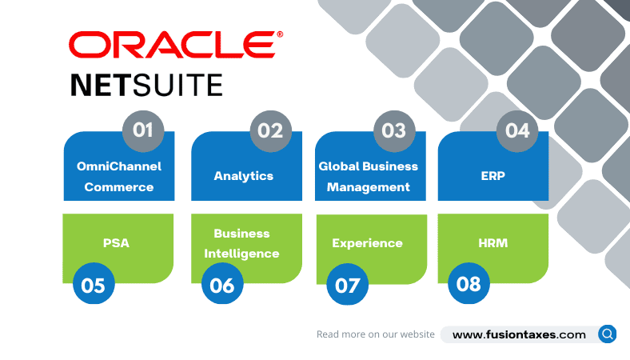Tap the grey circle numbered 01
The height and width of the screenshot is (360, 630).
(143, 130)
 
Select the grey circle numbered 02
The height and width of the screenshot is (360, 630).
(270, 130)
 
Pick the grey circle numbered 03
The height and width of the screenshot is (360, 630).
(394, 130)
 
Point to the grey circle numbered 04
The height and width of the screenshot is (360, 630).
(517, 130)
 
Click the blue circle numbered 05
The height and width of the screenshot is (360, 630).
(94, 285)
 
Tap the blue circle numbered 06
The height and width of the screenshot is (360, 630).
(222, 285)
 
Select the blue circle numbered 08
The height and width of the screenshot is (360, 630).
(469, 284)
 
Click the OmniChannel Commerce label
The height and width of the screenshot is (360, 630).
(119, 177)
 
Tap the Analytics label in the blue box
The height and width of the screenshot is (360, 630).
(244, 176)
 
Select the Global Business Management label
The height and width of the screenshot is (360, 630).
(369, 177)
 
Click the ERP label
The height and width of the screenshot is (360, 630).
(493, 176)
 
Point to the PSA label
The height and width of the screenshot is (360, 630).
(116, 243)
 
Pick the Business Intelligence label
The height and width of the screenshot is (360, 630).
(241, 243)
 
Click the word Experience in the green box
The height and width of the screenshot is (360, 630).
(368, 243)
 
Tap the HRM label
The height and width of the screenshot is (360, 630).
(492, 243)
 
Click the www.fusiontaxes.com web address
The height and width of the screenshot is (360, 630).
(519, 334)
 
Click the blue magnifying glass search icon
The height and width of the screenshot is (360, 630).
(608, 334)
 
